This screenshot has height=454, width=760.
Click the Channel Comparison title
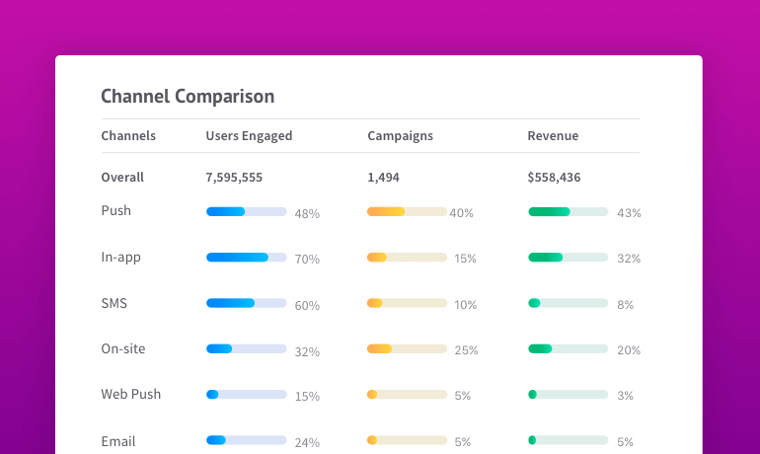pyautogui.click(x=188, y=97)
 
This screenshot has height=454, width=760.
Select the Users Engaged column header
pyautogui.click(x=249, y=136)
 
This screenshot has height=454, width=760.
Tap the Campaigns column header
pyautogui.click(x=400, y=136)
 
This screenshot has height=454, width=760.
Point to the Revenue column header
pyautogui.click(x=553, y=135)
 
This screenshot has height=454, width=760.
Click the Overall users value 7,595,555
pyautogui.click(x=234, y=178)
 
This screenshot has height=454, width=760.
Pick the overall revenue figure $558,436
pyautogui.click(x=554, y=178)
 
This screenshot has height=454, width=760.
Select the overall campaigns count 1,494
pyautogui.click(x=383, y=178)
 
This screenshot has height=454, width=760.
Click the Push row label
pyautogui.click(x=115, y=210)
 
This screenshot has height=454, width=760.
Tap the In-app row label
pyautogui.click(x=120, y=258)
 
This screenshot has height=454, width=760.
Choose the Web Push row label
pyautogui.click(x=131, y=394)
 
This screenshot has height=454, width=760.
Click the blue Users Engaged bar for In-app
pyautogui.click(x=237, y=258)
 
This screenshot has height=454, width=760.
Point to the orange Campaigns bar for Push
pyautogui.click(x=386, y=212)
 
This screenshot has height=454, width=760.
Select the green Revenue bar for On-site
pyautogui.click(x=540, y=348)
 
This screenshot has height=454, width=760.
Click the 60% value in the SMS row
pyautogui.click(x=307, y=306)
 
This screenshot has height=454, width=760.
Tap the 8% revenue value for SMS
pyautogui.click(x=625, y=305)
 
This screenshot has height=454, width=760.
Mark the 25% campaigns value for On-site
pyautogui.click(x=466, y=350)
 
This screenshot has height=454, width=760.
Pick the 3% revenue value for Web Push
pyautogui.click(x=625, y=396)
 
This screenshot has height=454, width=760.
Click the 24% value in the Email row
pyautogui.click(x=307, y=442)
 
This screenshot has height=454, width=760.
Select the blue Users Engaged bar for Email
pyautogui.click(x=216, y=440)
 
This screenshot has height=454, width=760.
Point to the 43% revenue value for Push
pyautogui.click(x=629, y=213)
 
